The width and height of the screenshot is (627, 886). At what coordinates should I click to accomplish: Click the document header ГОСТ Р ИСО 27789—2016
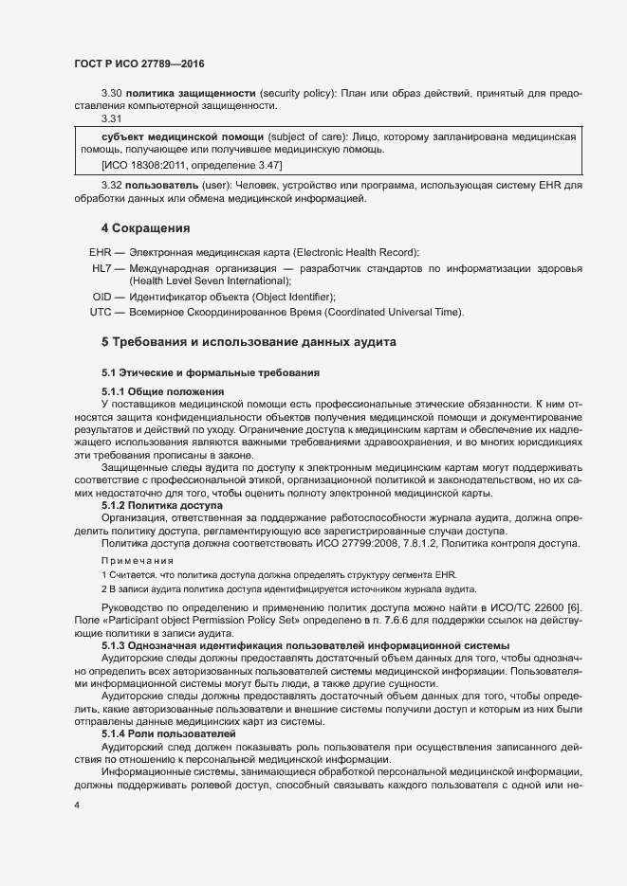(138, 63)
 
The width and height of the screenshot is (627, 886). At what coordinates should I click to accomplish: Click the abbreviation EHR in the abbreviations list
(101, 252)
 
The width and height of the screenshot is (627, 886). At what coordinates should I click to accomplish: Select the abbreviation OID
(101, 297)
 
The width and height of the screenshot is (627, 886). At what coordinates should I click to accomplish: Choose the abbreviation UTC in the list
(101, 312)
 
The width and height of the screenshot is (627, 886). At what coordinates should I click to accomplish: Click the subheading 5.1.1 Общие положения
(162, 391)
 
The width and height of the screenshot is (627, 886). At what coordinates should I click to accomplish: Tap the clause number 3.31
(111, 119)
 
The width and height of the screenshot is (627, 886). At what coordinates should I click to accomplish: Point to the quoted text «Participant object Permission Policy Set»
(199, 619)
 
